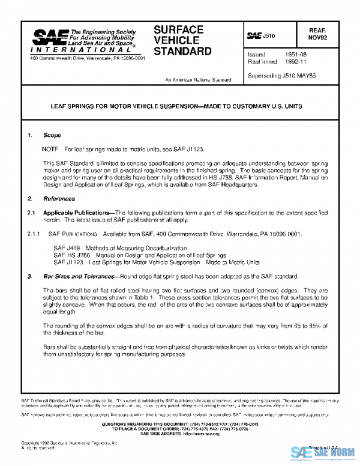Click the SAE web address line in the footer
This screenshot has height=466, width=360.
[179, 433]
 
